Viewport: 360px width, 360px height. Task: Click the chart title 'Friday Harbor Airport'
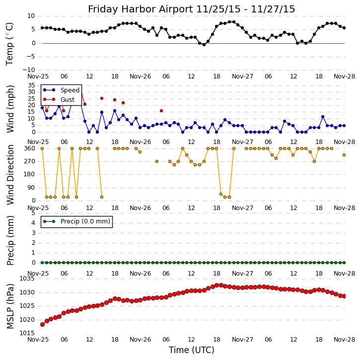click(191, 9)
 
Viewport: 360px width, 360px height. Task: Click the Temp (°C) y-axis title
click(10, 43)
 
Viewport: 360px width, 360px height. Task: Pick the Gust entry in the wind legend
click(67, 100)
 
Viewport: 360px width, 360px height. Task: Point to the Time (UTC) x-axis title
click(191, 350)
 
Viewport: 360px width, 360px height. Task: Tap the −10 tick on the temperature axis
click(28, 70)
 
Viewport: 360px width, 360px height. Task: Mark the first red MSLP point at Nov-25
click(42, 324)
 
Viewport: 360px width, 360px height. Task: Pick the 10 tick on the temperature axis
click(31, 16)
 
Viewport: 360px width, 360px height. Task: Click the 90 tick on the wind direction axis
click(31, 188)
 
